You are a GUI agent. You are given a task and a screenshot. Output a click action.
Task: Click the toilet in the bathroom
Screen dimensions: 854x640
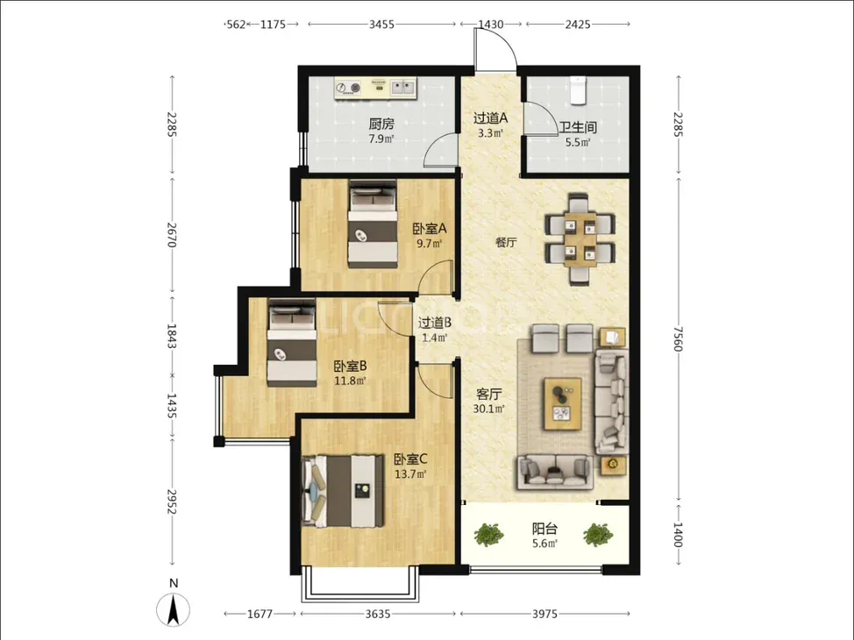(577, 89)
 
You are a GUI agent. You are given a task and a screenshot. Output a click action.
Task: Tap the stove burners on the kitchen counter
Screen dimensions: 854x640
(349, 87)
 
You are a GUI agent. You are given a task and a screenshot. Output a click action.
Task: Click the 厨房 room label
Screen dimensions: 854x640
(381, 124)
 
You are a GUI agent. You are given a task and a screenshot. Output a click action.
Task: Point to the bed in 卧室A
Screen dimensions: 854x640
(374, 224)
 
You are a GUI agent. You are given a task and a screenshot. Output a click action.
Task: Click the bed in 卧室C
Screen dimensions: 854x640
(343, 492)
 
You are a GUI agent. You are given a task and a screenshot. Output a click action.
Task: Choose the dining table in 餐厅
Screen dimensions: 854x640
(580, 238)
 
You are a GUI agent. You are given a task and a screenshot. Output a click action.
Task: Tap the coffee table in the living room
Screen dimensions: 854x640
(563, 404)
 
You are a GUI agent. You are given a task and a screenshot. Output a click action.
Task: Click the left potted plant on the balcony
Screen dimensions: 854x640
(488, 535)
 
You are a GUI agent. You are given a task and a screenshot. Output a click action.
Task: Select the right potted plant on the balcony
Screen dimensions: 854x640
(598, 535)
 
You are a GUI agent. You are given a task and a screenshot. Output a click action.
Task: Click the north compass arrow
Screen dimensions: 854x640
(174, 610)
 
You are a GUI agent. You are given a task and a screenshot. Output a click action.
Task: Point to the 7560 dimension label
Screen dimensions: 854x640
(678, 338)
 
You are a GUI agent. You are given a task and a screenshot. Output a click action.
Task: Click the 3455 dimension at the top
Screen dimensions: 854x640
(381, 25)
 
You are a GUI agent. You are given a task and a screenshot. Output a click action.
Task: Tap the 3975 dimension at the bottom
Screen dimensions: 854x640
(544, 615)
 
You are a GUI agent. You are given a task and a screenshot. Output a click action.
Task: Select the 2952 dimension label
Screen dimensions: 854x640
(172, 501)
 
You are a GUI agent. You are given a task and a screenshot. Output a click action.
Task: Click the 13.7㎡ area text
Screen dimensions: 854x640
(410, 474)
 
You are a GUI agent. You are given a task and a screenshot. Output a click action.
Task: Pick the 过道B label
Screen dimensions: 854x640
(435, 323)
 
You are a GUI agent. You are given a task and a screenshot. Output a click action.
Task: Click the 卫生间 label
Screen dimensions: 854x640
(578, 127)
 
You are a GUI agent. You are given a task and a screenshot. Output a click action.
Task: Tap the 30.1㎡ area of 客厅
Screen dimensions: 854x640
(488, 409)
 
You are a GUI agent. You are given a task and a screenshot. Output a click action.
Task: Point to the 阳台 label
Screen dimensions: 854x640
(544, 529)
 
